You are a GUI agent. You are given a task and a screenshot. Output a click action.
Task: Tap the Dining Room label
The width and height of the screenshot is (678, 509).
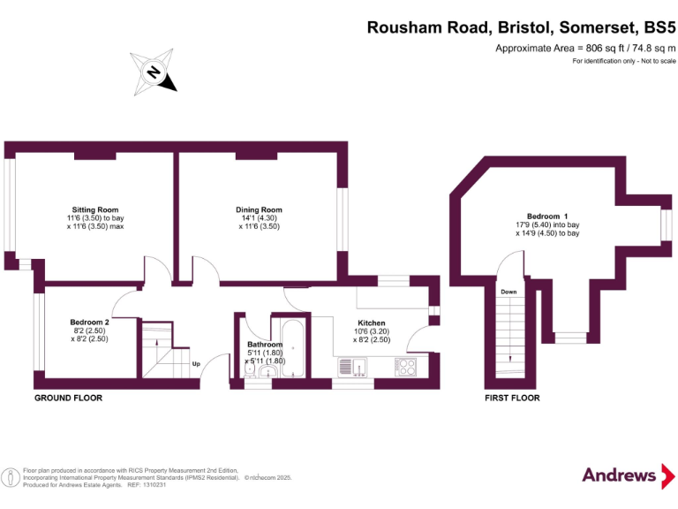(259, 209)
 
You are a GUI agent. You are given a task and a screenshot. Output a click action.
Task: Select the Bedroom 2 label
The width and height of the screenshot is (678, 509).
(90, 322)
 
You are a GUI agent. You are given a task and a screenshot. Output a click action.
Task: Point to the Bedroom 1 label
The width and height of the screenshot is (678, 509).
(547, 217)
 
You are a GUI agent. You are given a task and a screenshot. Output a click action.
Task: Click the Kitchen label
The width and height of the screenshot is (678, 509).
(371, 323)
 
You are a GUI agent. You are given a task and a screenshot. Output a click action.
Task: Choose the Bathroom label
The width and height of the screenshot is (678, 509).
(265, 344)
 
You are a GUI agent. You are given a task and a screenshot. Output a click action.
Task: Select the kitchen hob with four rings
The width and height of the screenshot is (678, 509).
(405, 366)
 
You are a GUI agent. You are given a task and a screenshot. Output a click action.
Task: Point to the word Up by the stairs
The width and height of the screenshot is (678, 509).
(196, 362)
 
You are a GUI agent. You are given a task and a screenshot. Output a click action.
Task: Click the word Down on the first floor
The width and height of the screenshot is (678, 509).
(508, 291)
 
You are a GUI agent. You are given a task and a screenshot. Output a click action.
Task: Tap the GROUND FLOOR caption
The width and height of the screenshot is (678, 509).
(68, 398)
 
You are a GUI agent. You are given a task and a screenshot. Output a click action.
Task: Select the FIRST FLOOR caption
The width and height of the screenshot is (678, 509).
(512, 398)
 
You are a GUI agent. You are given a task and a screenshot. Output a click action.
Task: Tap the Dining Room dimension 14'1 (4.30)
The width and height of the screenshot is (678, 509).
(259, 218)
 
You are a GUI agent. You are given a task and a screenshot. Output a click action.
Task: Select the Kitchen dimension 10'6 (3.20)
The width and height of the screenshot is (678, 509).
(371, 331)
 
